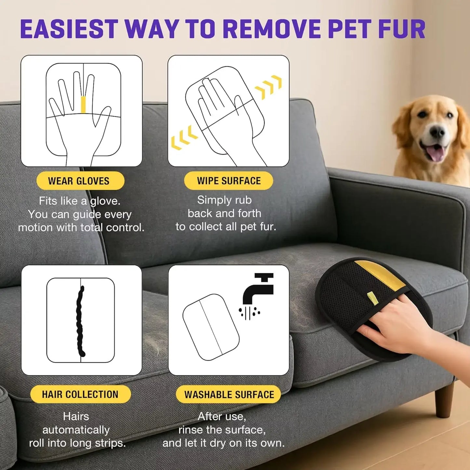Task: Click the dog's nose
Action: click(437, 132)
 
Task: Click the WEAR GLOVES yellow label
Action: click(80, 181)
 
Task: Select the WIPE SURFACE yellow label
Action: click(228, 181)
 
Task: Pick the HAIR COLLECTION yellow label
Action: click(80, 394)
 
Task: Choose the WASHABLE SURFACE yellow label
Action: click(229, 395)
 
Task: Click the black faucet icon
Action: click(258, 288)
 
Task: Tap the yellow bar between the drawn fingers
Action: click(83, 104)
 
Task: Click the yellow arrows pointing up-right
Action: click(269, 87)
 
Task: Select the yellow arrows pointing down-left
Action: click(184, 138)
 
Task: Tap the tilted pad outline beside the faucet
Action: click(211, 327)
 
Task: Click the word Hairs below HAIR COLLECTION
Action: click(76, 416)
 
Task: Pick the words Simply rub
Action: click(224, 200)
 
